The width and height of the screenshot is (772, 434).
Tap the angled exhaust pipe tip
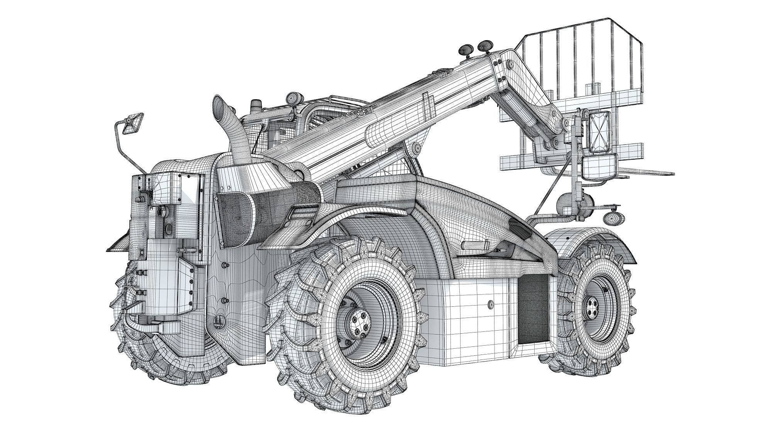[x=218, y=105]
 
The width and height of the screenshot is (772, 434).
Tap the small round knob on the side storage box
[x=491, y=305]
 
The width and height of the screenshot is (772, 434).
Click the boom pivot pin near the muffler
[x=298, y=175]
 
